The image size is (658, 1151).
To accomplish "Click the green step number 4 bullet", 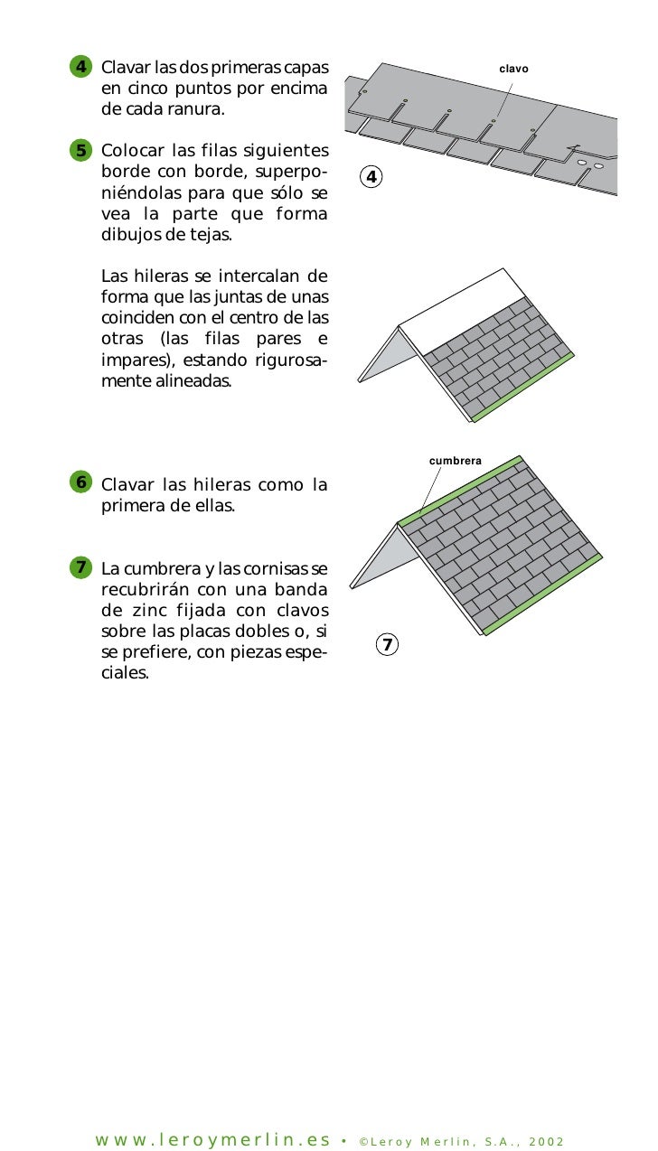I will (80, 68).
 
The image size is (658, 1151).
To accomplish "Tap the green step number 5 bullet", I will (80, 150).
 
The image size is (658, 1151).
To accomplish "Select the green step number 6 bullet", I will (80, 482).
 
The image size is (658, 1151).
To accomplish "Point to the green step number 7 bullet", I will (80, 567).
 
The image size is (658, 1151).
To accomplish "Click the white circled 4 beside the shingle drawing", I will (371, 176).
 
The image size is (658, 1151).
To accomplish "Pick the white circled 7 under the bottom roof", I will (387, 644).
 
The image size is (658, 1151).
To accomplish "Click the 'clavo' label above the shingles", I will (513, 69).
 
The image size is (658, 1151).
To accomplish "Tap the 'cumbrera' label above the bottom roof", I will (456, 461).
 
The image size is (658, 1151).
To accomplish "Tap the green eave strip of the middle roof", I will (524, 386).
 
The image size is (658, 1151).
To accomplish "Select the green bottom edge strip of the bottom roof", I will (542, 595).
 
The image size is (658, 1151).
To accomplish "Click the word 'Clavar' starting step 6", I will (128, 485).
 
